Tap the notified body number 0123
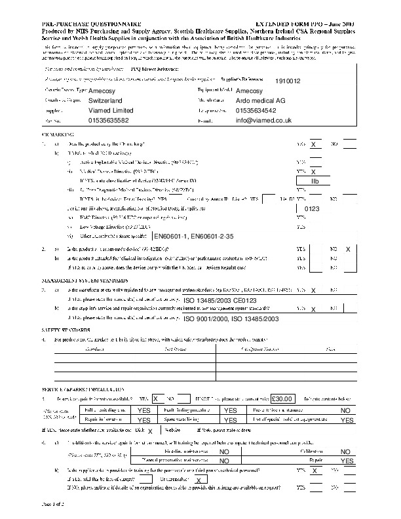coord(312,208)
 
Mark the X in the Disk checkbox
coord(150,431)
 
